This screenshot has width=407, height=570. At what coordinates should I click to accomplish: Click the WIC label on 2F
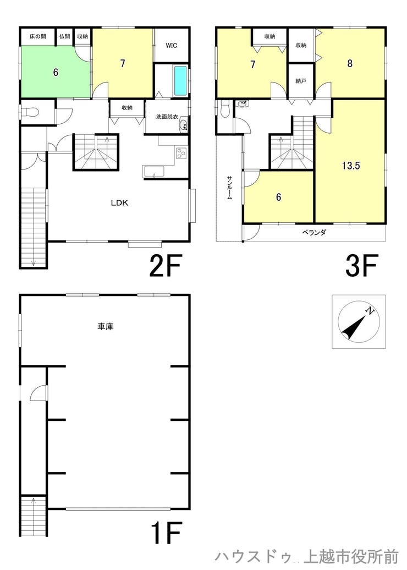171,46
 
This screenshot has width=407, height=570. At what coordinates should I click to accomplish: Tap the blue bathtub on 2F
180,80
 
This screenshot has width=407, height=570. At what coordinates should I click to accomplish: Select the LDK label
119,203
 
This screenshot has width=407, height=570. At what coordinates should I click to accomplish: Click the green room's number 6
56,72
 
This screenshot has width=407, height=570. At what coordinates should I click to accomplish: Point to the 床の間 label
38,36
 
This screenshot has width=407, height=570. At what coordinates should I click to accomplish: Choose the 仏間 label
64,36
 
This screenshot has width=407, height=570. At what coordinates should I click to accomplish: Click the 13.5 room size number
351,166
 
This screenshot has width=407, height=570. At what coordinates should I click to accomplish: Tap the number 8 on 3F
350,63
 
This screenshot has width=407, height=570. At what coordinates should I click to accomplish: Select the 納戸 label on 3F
300,81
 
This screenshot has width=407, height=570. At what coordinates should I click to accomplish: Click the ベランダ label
314,232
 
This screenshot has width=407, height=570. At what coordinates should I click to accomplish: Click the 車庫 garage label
106,326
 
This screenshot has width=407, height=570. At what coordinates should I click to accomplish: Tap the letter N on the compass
370,310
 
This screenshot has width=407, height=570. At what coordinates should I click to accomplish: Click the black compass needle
353,327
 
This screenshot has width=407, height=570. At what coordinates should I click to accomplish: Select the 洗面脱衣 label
167,117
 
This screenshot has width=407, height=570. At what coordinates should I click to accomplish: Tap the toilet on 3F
225,108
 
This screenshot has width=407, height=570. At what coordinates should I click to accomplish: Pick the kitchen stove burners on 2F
181,153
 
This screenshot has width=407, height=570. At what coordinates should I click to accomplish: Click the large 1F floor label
165,533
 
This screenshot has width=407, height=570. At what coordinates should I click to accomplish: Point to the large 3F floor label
361,265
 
